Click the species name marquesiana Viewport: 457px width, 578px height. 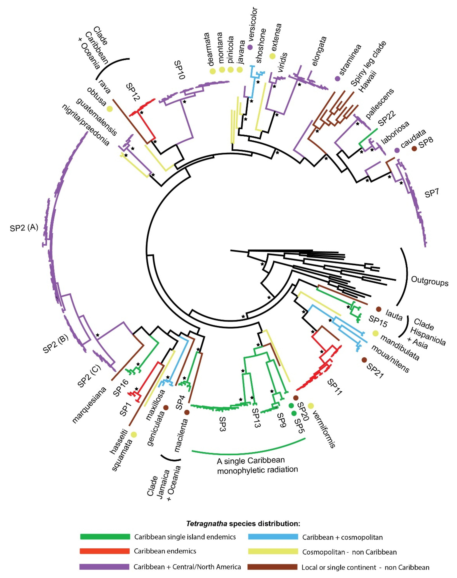(89, 405)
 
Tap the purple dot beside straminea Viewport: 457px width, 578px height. (338, 78)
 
